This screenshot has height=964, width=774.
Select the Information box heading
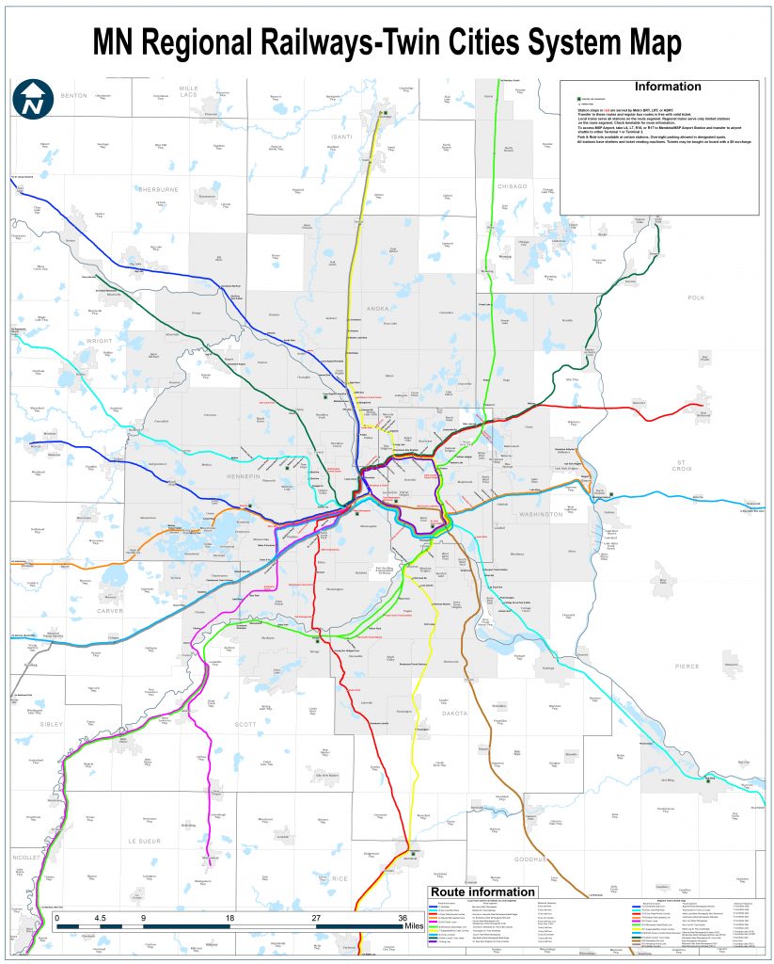[x=668, y=87]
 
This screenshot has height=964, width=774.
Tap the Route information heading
[x=483, y=892]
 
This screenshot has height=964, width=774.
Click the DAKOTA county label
[x=455, y=715]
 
